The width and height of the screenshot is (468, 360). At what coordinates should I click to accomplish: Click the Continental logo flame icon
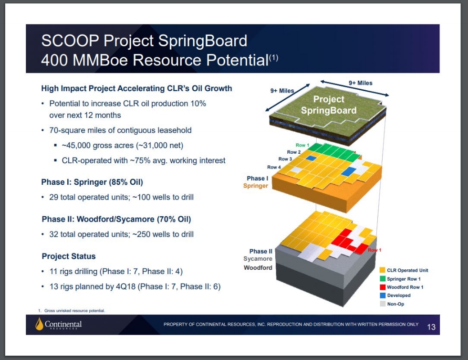tap(39, 324)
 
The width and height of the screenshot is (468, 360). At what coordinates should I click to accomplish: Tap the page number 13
tap(431, 327)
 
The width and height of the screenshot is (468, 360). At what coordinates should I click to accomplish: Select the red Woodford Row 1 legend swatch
tap(382, 287)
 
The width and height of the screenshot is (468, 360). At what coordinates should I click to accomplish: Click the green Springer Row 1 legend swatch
tap(382, 279)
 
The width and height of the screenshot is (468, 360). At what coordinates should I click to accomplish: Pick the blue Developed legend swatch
tap(382, 296)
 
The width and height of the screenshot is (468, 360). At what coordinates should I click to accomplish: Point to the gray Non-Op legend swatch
tap(382, 304)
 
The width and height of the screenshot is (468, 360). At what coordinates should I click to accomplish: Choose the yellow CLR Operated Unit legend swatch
tap(382, 270)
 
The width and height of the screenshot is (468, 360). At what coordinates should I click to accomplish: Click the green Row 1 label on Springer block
tap(302, 145)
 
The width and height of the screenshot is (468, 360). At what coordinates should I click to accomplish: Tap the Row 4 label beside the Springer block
tap(274, 167)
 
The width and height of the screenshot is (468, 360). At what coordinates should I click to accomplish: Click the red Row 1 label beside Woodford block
tap(374, 250)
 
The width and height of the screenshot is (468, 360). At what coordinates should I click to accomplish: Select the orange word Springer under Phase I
tap(256, 186)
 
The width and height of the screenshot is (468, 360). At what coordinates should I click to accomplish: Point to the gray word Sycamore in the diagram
tap(258, 259)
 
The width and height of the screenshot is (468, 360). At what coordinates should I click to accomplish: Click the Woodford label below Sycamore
tap(258, 268)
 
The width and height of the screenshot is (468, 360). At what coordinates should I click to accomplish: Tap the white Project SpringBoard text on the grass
tap(329, 105)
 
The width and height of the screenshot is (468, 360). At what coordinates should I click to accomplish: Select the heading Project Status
tap(69, 256)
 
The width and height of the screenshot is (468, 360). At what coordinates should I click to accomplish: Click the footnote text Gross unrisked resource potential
tap(74, 311)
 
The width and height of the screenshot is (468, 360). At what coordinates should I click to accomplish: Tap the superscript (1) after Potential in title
tap(274, 58)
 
